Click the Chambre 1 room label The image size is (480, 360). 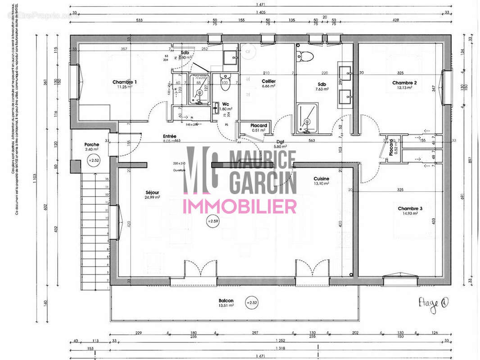tap(125, 82)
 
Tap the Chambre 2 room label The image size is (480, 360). tap(404, 83)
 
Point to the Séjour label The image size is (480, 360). tap(152, 193)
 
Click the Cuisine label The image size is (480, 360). tap(322, 179)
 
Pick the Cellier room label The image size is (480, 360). tap(268, 81)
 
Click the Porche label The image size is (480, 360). tap(91, 144)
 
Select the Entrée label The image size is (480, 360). tap(170, 136)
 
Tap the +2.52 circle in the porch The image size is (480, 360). tap(94, 160)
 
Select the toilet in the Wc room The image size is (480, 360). tap(225, 81)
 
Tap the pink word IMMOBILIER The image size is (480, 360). tap(239, 207)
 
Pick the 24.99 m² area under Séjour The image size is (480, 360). tap(152, 198)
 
